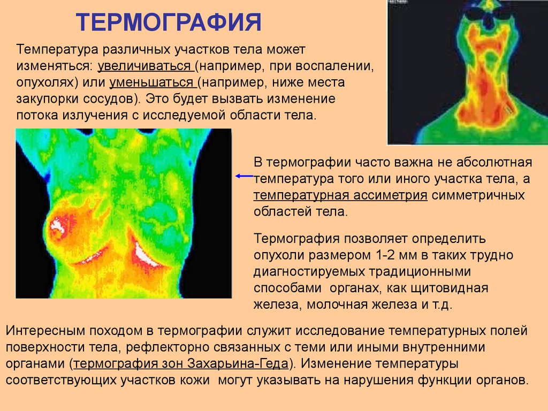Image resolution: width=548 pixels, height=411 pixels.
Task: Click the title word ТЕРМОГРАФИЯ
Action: [169, 22]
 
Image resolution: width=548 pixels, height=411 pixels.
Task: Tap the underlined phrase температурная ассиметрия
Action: [340, 195]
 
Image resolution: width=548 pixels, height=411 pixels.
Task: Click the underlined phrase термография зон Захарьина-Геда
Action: [181, 363]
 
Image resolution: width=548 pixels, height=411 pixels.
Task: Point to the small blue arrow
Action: [244, 176]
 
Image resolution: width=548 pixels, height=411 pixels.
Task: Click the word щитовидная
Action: [450, 288]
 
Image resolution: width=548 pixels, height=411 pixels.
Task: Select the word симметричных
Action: [478, 195]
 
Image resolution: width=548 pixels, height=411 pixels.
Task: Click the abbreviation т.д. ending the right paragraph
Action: [442, 305]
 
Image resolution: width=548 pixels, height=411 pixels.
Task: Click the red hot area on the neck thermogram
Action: [484, 86]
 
